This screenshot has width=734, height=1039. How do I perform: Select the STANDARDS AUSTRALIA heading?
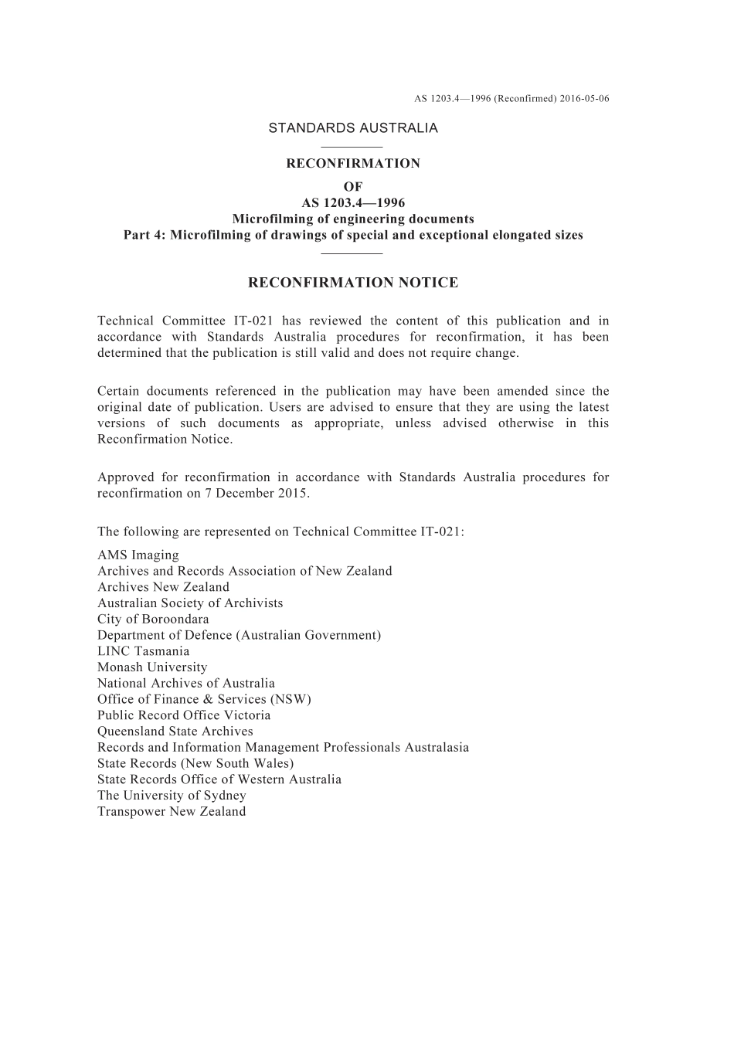click(x=353, y=128)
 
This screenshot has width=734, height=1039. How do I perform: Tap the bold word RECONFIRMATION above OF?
click(x=353, y=164)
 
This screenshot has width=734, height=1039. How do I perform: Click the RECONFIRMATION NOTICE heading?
click(x=353, y=283)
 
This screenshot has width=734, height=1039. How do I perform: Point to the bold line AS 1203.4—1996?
click(x=353, y=203)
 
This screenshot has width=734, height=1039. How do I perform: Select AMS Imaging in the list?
click(x=138, y=555)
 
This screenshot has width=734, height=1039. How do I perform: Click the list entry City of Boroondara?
click(x=153, y=620)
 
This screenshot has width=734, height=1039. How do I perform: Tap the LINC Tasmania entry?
click(x=143, y=651)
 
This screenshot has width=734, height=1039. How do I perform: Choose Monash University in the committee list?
click(x=152, y=667)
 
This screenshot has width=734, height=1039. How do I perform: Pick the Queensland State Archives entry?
click(x=175, y=732)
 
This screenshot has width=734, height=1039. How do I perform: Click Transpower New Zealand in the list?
click(x=172, y=812)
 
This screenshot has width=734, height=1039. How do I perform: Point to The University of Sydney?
click(x=172, y=796)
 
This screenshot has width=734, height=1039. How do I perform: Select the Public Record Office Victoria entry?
click(x=184, y=715)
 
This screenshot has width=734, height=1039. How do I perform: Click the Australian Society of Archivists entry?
click(x=190, y=603)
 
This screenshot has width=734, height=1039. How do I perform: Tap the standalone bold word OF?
click(x=353, y=187)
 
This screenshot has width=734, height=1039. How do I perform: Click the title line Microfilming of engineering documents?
click(x=353, y=219)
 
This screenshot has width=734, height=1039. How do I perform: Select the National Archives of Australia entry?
click(x=186, y=684)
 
